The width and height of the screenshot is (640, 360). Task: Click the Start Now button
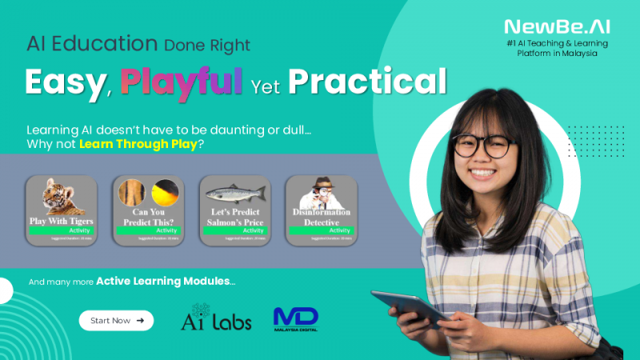pos(116,320)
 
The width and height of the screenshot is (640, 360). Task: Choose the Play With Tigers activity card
pos(62,210)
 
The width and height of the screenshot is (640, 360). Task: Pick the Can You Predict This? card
pos(148,210)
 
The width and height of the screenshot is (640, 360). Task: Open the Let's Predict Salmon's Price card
pos(234,210)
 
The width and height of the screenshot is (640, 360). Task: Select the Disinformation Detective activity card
pos(320,210)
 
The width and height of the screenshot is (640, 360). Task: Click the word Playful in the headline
pos(182,81)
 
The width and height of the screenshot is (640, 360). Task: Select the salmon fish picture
pos(234,192)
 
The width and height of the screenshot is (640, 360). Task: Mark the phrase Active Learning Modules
pos(165,282)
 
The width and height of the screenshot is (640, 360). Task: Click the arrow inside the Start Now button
pos(141,320)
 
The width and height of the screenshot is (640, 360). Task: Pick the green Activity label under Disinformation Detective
pos(320,230)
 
